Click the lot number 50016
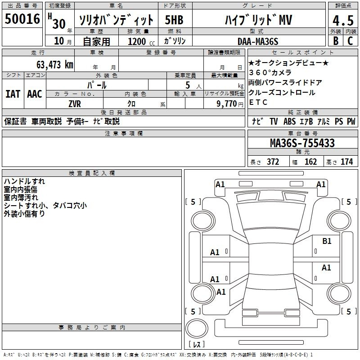pyautogui.click(x=22, y=19)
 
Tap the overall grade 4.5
pyautogui.click(x=343, y=20)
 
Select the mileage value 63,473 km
pyautogui.click(x=55, y=65)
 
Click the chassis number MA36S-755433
pyautogui.click(x=302, y=143)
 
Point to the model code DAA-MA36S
pyautogui.click(x=258, y=41)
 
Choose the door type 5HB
pyautogui.click(x=174, y=20)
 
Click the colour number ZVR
pyautogui.click(x=75, y=104)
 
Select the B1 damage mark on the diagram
pyautogui.click(x=327, y=241)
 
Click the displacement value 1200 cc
pyautogui.click(x=141, y=42)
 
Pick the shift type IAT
pyautogui.click(x=13, y=94)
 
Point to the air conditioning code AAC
pyautogui.click(x=35, y=94)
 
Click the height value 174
pyautogui.click(x=346, y=162)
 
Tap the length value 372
pyautogui.click(x=273, y=162)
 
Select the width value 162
pyautogui.click(x=310, y=162)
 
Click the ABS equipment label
pyautogui.click(x=289, y=121)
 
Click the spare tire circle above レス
pyautogui.click(x=197, y=328)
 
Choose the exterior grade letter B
pyautogui.click(x=336, y=41)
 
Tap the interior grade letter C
pyautogui.click(x=350, y=41)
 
